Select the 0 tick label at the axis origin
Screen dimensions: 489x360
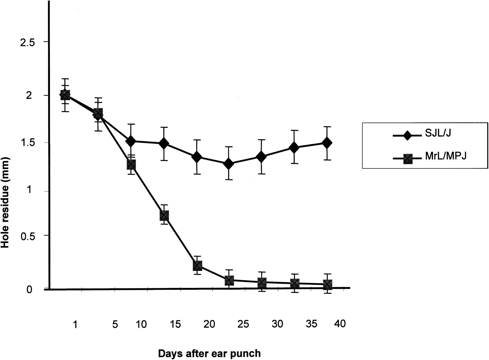pos(29,289)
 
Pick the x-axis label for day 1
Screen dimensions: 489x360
pos(75,325)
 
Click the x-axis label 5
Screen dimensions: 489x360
pos(115,325)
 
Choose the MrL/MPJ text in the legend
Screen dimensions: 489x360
pos(446,157)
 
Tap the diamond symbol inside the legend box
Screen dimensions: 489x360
pos(407,135)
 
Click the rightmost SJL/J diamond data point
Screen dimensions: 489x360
pos(327,143)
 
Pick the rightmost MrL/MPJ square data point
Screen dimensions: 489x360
pos(327,284)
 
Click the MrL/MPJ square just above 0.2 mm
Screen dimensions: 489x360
pos(197,265)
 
